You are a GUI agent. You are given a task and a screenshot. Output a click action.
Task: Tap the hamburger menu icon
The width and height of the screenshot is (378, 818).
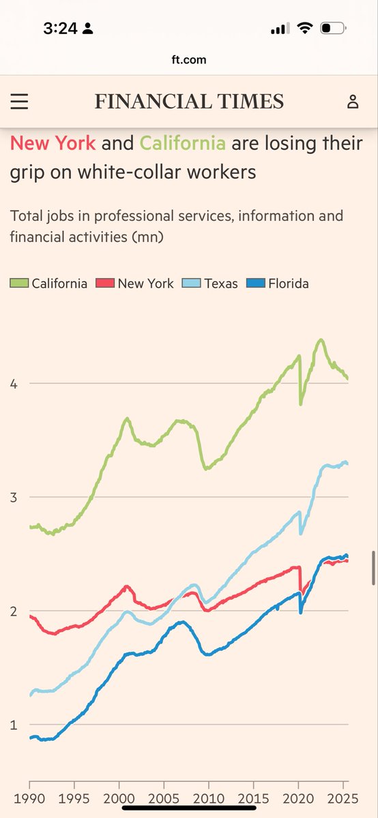tap(19, 102)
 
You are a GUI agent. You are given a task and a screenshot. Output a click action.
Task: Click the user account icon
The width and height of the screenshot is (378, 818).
tap(352, 102)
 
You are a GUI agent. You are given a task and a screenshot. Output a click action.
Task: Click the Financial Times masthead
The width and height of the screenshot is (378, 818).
tap(189, 102)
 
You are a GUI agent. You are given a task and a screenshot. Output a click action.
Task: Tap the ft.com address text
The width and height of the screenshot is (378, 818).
tap(189, 59)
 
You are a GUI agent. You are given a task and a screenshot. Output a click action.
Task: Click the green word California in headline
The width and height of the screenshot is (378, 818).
tap(182, 143)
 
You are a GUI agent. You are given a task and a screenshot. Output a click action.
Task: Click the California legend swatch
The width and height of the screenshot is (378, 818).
tap(19, 283)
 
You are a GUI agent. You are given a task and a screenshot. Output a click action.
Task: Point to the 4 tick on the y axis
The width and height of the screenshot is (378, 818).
tap(14, 384)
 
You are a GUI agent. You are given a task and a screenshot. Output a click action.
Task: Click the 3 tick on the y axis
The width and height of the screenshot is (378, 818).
tap(14, 497)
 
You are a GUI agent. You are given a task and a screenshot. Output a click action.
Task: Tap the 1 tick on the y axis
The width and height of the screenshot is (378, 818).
tap(14, 725)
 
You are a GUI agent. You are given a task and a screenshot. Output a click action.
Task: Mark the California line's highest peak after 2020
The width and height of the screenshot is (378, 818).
tap(320, 339)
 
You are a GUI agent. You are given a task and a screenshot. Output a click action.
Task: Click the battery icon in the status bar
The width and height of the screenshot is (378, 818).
tap(334, 29)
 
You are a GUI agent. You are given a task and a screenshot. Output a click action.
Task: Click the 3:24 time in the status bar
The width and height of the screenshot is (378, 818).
tap(60, 29)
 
